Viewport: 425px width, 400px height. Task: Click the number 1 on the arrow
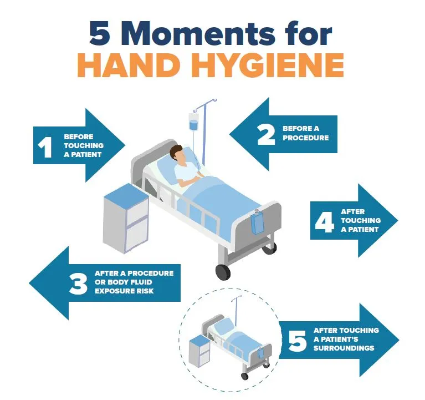[x=45, y=145]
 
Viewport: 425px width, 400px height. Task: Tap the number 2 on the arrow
[x=267, y=134]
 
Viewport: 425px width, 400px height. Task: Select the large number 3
[x=78, y=282]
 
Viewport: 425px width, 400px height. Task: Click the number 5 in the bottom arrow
[x=298, y=340]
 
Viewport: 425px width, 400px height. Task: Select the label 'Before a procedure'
[x=305, y=133]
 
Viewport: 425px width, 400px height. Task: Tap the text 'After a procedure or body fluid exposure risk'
[x=134, y=282]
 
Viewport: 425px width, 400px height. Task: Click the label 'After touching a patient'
[x=360, y=220]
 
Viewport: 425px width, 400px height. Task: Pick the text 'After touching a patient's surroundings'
[x=346, y=339]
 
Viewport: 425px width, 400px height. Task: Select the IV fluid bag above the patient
[x=193, y=121]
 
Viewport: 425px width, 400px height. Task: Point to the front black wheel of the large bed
[x=222, y=271]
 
